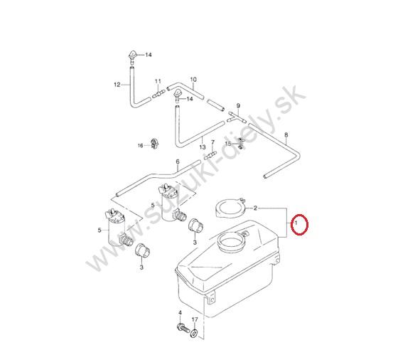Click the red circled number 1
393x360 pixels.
[296, 223]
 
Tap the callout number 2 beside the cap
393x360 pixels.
[255, 208]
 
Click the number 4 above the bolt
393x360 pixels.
[180, 312]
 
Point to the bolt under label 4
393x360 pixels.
[183, 328]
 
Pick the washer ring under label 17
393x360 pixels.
[194, 333]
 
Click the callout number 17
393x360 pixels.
[195, 319]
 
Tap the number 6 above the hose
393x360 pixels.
[178, 162]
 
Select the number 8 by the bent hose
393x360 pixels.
[286, 135]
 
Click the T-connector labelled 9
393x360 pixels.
[237, 117]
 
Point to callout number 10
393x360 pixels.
[193, 80]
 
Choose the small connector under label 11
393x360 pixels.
[158, 95]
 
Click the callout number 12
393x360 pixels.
[117, 85]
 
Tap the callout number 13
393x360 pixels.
[203, 147]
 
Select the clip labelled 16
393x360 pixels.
[155, 143]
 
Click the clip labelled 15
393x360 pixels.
[241, 143]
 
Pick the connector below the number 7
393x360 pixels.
[210, 155]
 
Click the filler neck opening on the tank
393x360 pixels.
[230, 242]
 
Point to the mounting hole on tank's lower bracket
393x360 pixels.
[212, 300]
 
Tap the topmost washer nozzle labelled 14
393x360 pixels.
[133, 55]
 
